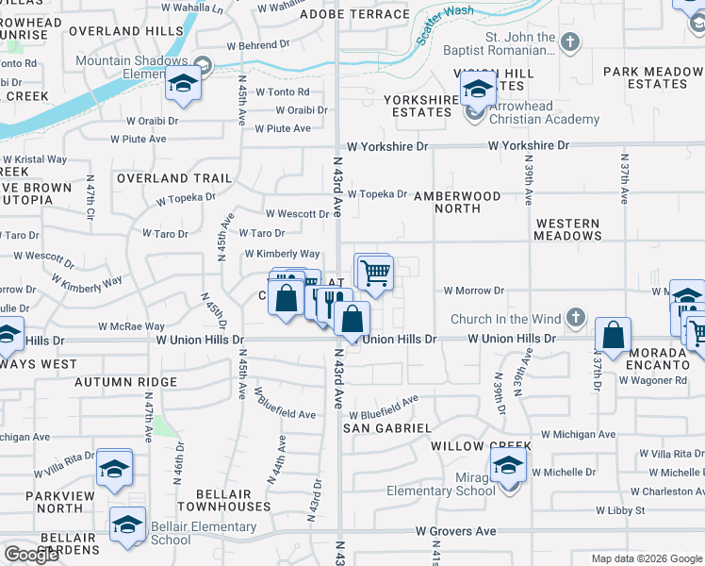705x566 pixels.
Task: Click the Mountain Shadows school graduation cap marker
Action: coord(182,84)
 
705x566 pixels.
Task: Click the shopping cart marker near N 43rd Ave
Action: coord(375,273)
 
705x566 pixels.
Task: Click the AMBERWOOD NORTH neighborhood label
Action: coord(467,202)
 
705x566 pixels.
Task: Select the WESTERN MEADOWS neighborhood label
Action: coord(567,229)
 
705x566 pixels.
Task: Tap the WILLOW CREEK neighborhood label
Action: coord(482,445)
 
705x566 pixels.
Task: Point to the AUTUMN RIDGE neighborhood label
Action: coord(125,382)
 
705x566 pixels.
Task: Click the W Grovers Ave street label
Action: coord(457,531)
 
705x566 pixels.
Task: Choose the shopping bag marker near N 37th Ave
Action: coord(613,336)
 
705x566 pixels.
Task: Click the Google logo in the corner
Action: coord(30,555)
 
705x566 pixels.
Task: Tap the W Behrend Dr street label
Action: coord(258,45)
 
